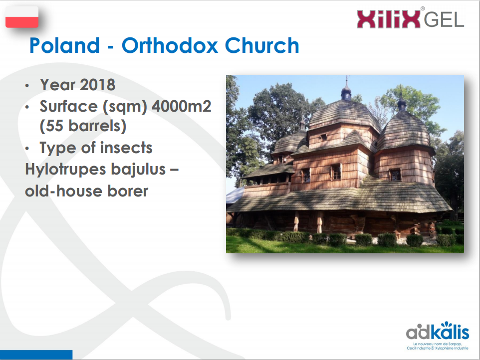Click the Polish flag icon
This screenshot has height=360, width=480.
click(x=22, y=17)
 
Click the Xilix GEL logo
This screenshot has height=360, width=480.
click(x=411, y=18)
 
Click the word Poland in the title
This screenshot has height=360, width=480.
click(x=64, y=45)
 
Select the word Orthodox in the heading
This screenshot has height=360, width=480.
click(x=170, y=45)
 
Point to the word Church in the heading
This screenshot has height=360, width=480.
click(x=262, y=45)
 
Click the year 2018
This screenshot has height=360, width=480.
click(x=98, y=85)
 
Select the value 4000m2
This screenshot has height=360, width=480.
click(x=182, y=106)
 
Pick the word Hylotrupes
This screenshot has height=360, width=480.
click(x=65, y=170)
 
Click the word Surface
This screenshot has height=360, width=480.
click(x=68, y=106)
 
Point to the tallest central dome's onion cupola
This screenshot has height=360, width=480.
click(x=346, y=91)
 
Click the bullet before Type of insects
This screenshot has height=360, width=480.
click(x=27, y=149)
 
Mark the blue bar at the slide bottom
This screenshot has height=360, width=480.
click(x=36, y=355)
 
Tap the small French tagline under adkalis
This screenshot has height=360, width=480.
click(x=438, y=346)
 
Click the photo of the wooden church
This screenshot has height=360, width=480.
click(x=345, y=164)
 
